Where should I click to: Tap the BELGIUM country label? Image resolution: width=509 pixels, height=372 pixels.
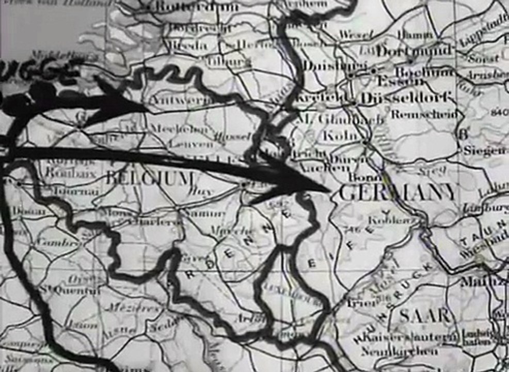click(149, 179)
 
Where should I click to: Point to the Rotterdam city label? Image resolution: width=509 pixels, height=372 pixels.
click(196, 7)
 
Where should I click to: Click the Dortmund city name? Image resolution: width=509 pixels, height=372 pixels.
click(415, 51)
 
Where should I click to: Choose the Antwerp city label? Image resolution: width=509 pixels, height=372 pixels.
click(176, 99)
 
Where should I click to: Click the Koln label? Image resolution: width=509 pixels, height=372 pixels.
click(336, 136)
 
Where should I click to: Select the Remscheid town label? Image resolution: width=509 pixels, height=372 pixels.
click(423, 115)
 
